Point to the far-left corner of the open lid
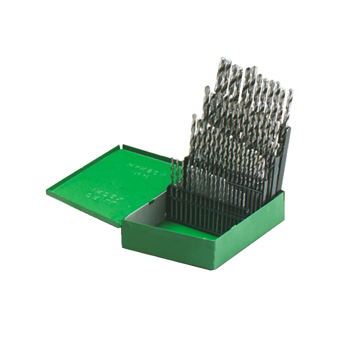click(47, 192)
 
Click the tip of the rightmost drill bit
click(290, 91)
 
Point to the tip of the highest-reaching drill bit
click(223, 59)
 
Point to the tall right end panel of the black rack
click(285, 160)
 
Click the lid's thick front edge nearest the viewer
click(84, 210)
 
